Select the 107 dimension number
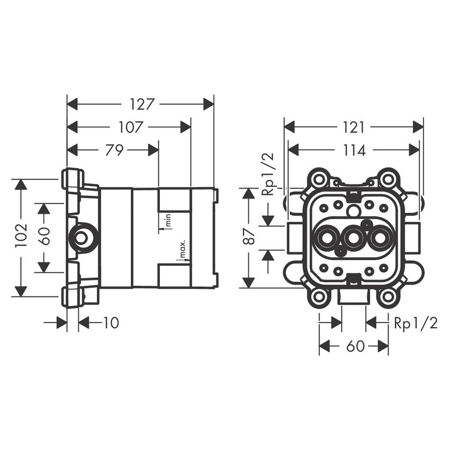pyautogui.click(x=130, y=127)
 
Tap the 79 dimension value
pyautogui.click(x=114, y=150)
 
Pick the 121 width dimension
pyautogui.click(x=354, y=127)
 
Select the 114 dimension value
pyautogui.click(x=354, y=150)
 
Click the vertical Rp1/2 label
pyautogui.click(x=268, y=173)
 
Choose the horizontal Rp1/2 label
pyautogui.click(x=416, y=323)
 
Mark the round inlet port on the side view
pyautogui.click(x=82, y=237)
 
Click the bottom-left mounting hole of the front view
pyautogui.click(x=318, y=296)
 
